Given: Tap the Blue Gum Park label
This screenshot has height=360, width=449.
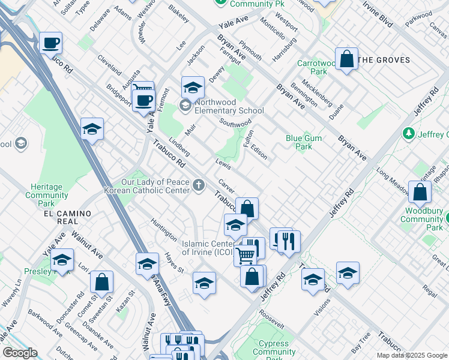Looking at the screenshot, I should pyautogui.click(x=304, y=142).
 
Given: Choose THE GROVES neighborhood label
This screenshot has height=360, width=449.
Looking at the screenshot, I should pyautogui.click(x=384, y=60).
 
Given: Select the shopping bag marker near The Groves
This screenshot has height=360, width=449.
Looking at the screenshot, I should pyautogui.click(x=346, y=59).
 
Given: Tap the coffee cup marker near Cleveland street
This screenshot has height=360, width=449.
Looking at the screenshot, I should pyautogui.click(x=51, y=43).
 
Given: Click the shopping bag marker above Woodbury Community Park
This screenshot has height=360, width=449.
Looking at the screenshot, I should pyautogui.click(x=420, y=192).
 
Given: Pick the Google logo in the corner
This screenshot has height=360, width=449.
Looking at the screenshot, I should pyautogui.click(x=20, y=353).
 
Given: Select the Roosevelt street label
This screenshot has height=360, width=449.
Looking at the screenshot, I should pyautogui.click(x=272, y=319).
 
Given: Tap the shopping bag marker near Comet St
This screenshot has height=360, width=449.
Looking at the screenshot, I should pyautogui.click(x=101, y=281).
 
